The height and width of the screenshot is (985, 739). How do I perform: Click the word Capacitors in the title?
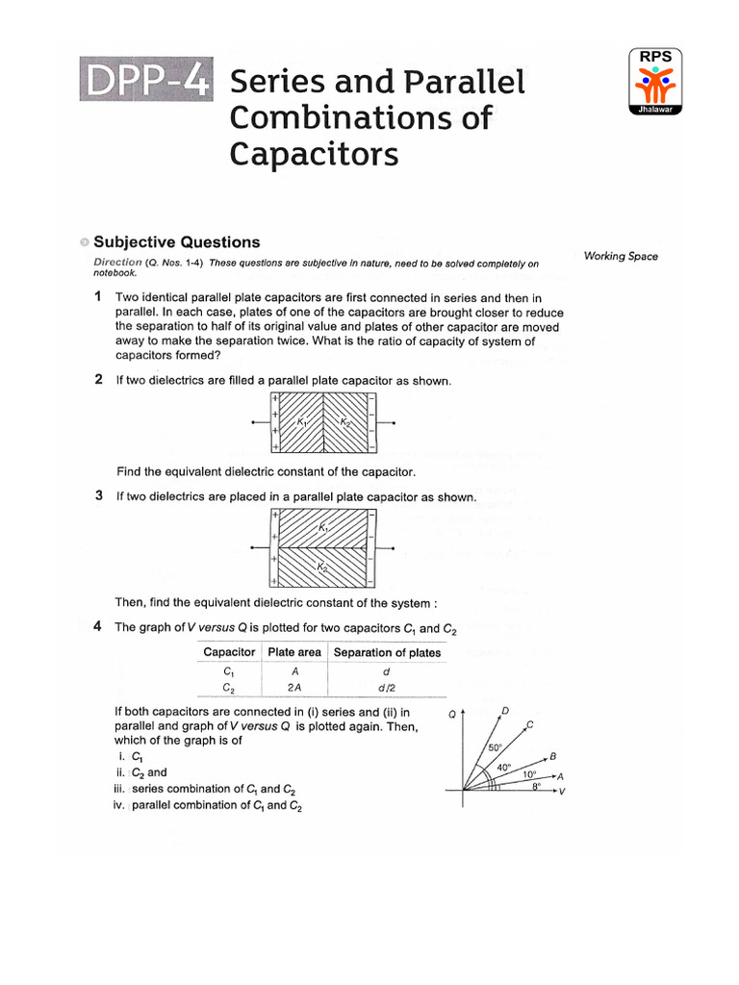tap(314, 153)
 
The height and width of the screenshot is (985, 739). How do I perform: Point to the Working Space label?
tap(621, 256)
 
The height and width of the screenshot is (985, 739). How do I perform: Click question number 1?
tap(99, 298)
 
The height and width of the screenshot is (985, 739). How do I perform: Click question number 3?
tap(99, 496)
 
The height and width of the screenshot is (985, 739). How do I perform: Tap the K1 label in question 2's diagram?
tap(302, 421)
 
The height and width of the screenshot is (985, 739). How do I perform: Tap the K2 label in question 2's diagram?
tap(345, 421)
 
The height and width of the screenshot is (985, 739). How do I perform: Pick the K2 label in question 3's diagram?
tap(322, 568)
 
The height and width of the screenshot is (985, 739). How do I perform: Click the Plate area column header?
tap(294, 652)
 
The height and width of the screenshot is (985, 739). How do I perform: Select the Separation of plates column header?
tap(387, 652)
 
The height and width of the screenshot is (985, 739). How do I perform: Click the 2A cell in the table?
tap(293, 688)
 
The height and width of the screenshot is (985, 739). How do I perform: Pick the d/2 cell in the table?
tap(386, 688)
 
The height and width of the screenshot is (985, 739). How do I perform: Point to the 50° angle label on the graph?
tap(496, 747)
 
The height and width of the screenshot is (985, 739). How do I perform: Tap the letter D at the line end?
tap(505, 711)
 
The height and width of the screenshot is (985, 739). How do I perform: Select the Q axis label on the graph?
tap(452, 715)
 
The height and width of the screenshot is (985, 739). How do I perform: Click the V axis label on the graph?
tap(562, 791)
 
